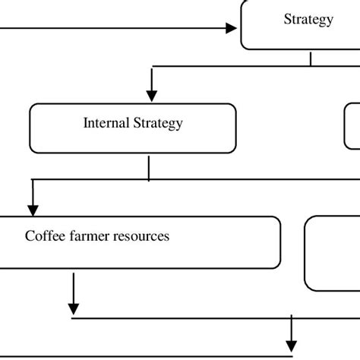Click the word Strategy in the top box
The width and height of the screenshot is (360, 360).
(308, 20)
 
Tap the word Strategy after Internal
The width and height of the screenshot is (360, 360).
(158, 123)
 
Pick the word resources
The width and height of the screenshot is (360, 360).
(143, 235)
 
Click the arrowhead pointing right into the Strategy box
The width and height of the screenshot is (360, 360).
(232, 28)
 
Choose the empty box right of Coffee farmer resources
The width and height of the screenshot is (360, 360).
(333, 253)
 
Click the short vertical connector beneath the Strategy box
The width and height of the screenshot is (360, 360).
(311, 58)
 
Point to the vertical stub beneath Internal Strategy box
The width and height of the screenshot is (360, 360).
(149, 169)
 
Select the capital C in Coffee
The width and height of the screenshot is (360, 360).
(30, 235)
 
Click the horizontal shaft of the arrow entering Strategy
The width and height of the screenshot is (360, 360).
(114, 28)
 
